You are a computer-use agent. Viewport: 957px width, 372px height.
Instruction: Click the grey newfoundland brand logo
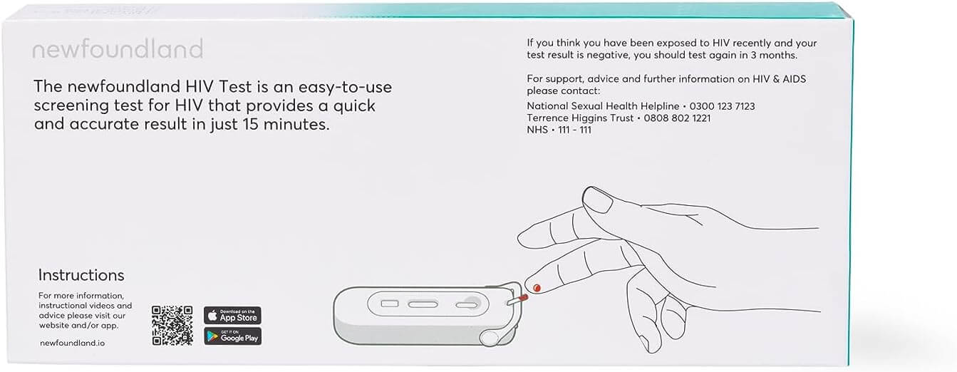[x=118, y=49]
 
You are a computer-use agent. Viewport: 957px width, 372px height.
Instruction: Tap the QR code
[x=172, y=326]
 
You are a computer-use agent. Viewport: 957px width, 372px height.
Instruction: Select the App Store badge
[x=232, y=315]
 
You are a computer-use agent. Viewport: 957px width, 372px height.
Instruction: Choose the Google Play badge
[x=232, y=336]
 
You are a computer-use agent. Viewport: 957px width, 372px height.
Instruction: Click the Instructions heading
[x=81, y=275]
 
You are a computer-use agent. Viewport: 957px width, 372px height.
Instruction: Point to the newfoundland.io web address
[x=72, y=343]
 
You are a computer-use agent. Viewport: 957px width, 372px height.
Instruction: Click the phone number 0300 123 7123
[x=722, y=106]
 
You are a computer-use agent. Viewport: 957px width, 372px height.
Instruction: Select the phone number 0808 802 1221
[x=677, y=118]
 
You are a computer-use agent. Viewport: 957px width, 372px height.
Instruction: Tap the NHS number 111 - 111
[x=574, y=130]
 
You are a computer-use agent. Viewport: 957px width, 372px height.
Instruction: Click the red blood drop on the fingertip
[x=537, y=289]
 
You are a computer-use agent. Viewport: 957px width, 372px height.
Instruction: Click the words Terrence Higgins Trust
[x=580, y=118]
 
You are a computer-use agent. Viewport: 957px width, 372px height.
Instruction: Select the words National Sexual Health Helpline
[x=603, y=106]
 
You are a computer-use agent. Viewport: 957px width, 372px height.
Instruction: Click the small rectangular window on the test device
[x=390, y=304]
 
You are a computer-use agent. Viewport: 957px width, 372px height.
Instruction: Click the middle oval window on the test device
[x=423, y=304]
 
